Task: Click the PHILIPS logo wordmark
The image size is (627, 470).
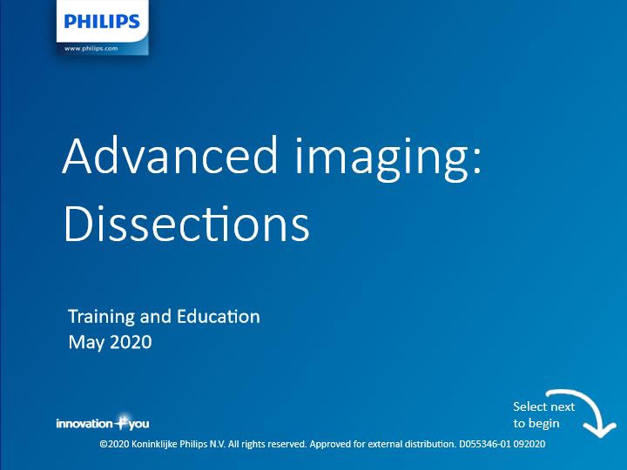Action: click(x=102, y=21)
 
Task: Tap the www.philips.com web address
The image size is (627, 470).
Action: click(x=91, y=49)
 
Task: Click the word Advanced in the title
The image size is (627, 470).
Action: click(x=170, y=155)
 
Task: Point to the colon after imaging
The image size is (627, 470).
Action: click(x=476, y=161)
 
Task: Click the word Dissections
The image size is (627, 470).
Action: click(x=186, y=223)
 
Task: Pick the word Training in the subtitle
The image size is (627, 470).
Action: click(x=102, y=318)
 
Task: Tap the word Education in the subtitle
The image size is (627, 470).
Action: click(x=219, y=316)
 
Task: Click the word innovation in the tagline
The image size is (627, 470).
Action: click(x=84, y=424)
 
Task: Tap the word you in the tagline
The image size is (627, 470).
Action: click(x=138, y=425)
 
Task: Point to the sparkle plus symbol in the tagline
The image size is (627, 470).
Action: click(x=121, y=421)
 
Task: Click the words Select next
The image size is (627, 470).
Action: click(x=543, y=406)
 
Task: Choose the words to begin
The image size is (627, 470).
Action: click(x=536, y=423)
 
